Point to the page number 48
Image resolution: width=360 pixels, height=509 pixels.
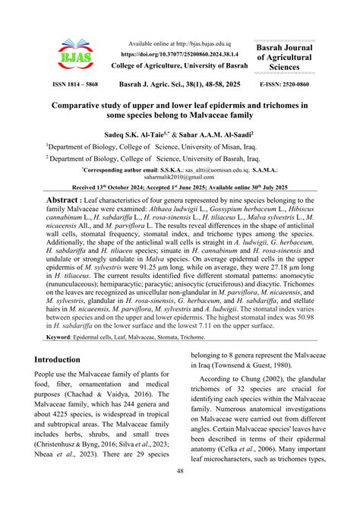[180, 493]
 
